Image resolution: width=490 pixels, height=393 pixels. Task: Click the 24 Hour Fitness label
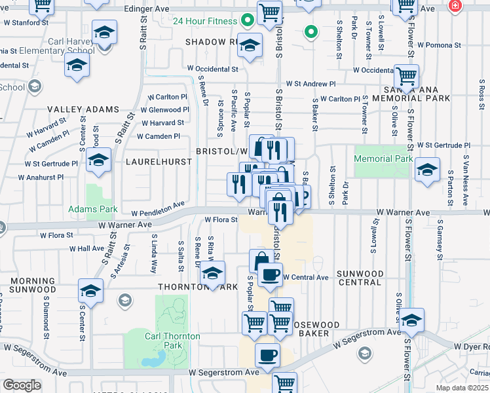tap(204, 21)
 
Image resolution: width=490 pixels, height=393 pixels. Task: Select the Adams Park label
tap(93, 210)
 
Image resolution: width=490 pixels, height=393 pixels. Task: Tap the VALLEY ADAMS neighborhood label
tap(83, 109)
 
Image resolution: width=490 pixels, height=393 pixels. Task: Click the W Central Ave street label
tap(305, 277)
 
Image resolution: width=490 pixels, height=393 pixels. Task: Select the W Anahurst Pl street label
tap(41, 177)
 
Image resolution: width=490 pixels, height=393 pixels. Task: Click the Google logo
tap(22, 385)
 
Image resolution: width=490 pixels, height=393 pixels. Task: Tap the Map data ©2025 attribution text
tap(462, 388)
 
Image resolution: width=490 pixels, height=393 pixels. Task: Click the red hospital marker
tap(455, 5)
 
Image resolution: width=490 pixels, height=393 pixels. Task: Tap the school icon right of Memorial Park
tap(427, 170)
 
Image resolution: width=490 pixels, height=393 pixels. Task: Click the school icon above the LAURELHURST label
tap(98, 159)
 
